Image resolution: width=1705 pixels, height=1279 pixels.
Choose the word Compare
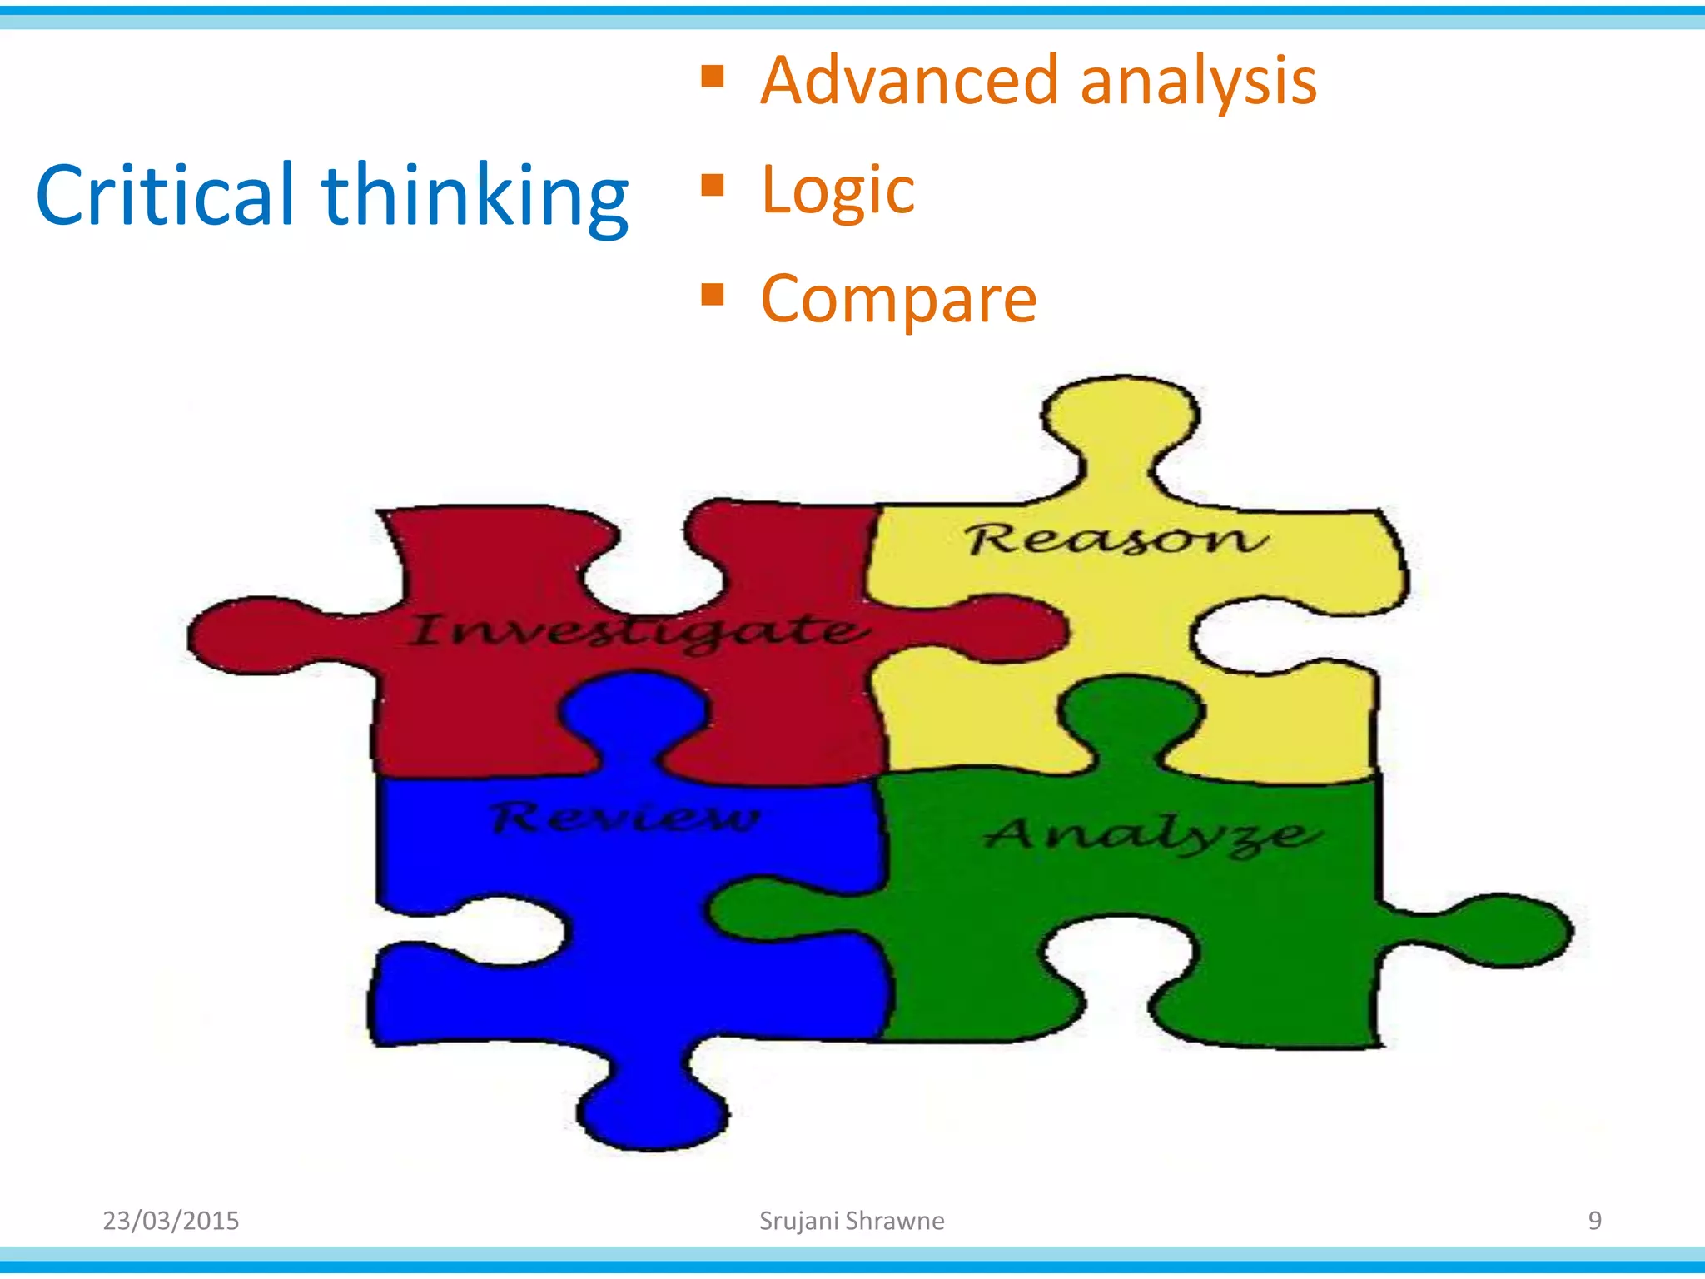[x=898, y=300]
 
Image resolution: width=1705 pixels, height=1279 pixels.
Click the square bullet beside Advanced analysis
[x=712, y=77]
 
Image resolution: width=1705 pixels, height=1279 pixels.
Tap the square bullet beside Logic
[x=712, y=185]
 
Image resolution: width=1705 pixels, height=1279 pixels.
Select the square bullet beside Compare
[x=712, y=294]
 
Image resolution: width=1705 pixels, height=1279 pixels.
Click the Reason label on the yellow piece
[x=1116, y=539]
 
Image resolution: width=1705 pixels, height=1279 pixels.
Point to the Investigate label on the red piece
[x=637, y=631]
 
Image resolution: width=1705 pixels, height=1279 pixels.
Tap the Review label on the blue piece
[x=624, y=817]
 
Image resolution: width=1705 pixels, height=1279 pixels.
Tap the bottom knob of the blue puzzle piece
[x=654, y=1112]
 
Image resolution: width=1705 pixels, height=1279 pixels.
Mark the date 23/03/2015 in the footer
[x=171, y=1221]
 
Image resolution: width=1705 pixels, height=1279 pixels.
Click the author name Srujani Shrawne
[x=852, y=1221]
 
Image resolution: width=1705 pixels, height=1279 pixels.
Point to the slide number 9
[x=1594, y=1221]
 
